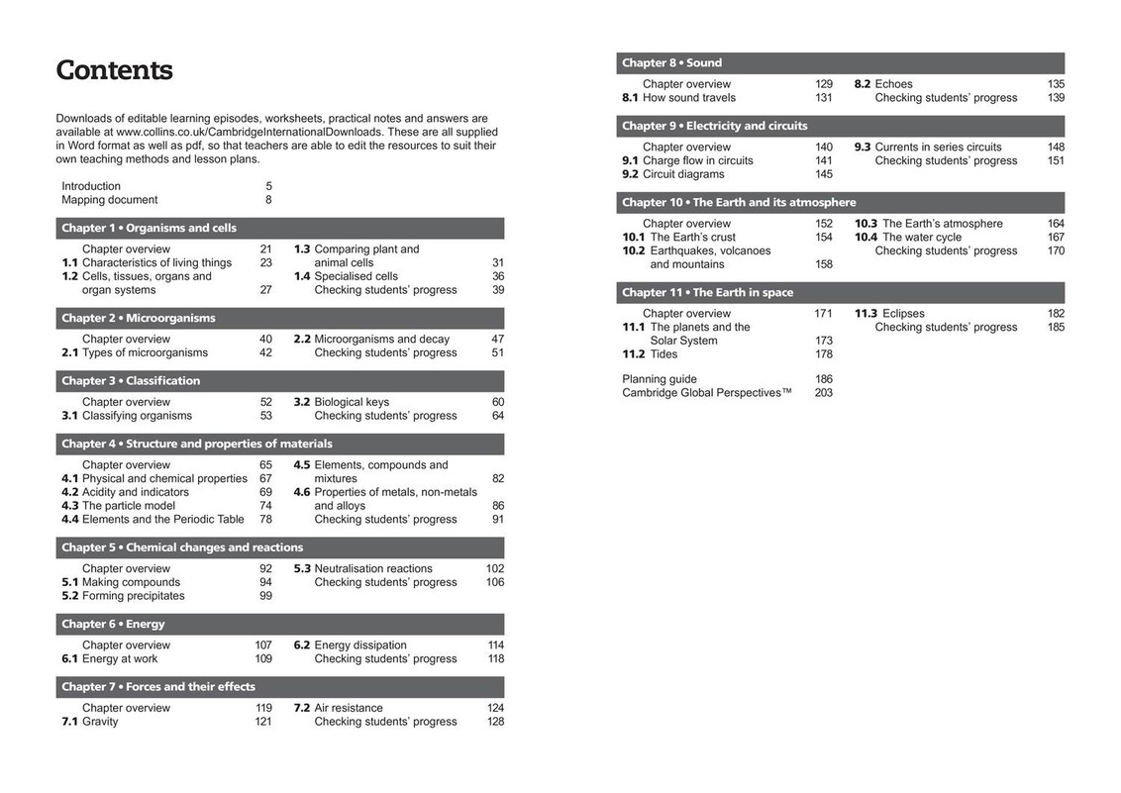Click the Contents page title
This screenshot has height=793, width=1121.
pyautogui.click(x=114, y=70)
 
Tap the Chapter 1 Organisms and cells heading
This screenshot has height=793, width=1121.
pyautogui.click(x=149, y=228)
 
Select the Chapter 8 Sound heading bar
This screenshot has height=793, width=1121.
pyautogui.click(x=840, y=62)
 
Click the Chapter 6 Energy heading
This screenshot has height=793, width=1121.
pyautogui.click(x=113, y=624)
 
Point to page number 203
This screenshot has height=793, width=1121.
pyautogui.click(x=823, y=393)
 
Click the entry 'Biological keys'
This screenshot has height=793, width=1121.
pyautogui.click(x=352, y=402)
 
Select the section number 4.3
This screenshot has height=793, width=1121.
pyautogui.click(x=69, y=506)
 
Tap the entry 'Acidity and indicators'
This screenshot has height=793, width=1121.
pyautogui.click(x=136, y=492)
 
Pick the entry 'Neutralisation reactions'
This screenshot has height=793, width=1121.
pyautogui.click(x=373, y=568)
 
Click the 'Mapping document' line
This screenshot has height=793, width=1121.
pyautogui.click(x=109, y=200)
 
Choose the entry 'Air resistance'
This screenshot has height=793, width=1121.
pyautogui.click(x=349, y=708)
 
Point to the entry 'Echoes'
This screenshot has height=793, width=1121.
pyautogui.click(x=893, y=84)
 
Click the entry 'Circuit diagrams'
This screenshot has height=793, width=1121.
pyautogui.click(x=683, y=174)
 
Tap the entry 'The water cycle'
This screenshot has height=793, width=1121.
pyautogui.click(x=922, y=238)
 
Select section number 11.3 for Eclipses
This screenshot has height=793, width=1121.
pyautogui.click(x=866, y=314)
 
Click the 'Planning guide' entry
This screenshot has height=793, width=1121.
pyautogui.click(x=659, y=379)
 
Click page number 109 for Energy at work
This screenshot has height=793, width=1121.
pyautogui.click(x=263, y=659)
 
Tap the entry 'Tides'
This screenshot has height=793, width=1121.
pyautogui.click(x=663, y=354)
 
